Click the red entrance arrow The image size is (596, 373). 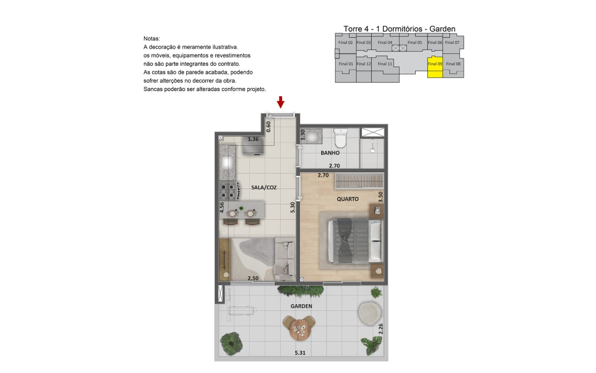281,102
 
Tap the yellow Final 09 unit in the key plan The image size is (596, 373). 435,67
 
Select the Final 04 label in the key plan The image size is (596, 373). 385,42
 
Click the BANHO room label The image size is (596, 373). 330,153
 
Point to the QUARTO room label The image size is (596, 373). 348,199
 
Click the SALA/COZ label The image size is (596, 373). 264,187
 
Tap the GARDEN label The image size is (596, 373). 301,306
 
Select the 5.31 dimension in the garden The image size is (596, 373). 300,353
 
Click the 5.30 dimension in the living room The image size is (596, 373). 292,207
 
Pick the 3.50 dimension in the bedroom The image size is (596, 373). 380,197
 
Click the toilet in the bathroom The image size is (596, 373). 340,138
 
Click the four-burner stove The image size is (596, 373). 228,191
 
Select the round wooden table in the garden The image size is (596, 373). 299,329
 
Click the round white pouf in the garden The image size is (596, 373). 370,313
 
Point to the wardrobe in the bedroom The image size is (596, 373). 359,181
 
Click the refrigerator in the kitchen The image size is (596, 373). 253,145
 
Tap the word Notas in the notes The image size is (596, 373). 151,39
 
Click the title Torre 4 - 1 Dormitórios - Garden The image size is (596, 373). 399,29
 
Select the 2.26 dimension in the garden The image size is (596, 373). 381,329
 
